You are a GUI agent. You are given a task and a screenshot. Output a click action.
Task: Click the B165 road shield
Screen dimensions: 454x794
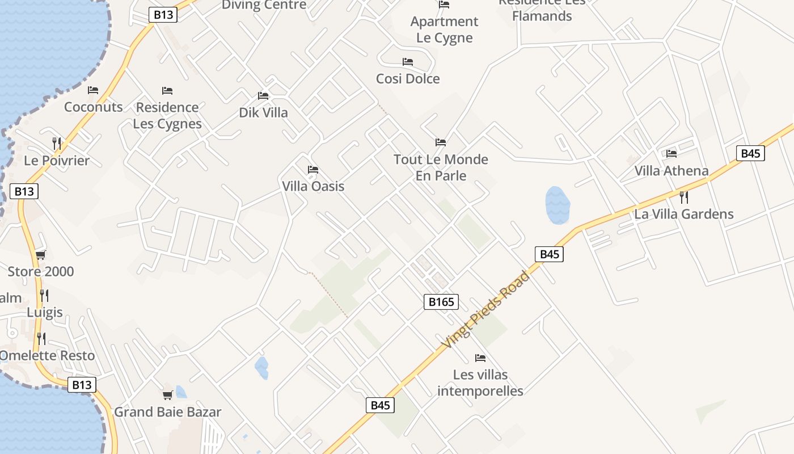point(441,302)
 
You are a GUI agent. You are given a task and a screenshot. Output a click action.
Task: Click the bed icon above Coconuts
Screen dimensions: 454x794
point(93,90)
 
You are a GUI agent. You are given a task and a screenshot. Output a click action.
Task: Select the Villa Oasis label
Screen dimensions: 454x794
point(313,186)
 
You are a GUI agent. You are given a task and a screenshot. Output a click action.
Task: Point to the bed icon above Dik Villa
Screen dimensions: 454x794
point(263,96)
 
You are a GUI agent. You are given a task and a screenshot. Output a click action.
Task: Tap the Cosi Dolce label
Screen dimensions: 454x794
point(408,78)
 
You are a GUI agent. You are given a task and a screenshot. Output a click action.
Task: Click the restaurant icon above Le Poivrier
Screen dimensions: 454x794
point(56,143)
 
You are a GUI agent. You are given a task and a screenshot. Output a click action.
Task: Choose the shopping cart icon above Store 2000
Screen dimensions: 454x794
point(40,255)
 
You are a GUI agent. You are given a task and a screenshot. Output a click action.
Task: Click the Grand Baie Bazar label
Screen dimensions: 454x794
point(168,412)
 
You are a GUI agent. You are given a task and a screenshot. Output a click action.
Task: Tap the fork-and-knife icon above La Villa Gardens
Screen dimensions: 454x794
point(684,197)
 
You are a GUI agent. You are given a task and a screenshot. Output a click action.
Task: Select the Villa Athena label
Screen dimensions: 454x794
point(671,171)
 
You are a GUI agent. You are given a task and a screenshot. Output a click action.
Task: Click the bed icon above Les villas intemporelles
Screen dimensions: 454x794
point(480,358)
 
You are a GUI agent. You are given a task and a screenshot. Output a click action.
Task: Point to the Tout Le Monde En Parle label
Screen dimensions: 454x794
point(441,167)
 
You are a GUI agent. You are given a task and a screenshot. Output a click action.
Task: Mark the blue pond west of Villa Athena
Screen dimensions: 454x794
point(558,205)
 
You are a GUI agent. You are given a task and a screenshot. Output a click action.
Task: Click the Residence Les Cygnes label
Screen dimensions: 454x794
point(167,116)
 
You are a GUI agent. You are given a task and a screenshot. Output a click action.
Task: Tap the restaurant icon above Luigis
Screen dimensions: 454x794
point(44,295)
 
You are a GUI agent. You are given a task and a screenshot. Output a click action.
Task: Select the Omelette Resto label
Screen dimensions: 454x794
point(47,356)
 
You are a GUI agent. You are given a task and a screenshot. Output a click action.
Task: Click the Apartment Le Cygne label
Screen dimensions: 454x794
point(444,30)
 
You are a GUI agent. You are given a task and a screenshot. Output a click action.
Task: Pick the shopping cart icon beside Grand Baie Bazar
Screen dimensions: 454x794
point(167,395)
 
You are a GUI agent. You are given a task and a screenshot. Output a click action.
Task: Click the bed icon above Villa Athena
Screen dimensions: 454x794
point(671,153)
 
